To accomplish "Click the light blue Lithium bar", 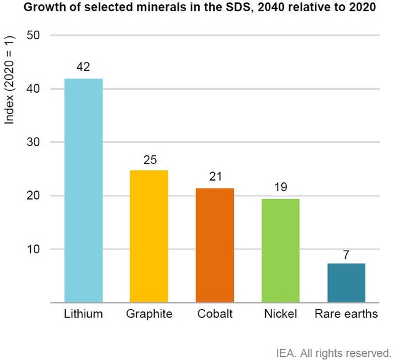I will tap(84, 190).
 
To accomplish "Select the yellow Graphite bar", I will tap(149, 237).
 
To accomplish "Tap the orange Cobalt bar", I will tap(215, 245).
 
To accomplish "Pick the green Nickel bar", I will tap(281, 251).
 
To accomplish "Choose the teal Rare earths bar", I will tap(346, 283).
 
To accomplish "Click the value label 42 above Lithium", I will tap(84, 67).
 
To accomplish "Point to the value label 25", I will tap(149, 159).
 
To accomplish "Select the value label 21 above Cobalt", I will tap(215, 177).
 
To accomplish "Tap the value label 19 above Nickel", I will tap(281, 187).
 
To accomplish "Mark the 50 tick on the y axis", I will tap(33, 35).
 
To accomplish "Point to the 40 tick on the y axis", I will tap(33, 88).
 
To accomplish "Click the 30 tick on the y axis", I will tap(33, 142).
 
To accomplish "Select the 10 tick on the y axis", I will tap(33, 249).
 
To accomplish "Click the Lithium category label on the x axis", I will tap(84, 314).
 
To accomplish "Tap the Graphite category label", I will tap(149, 314).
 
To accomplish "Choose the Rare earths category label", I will tap(346, 314).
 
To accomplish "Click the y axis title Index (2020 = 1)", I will tap(9, 79).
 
